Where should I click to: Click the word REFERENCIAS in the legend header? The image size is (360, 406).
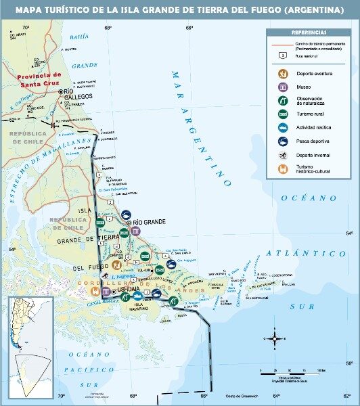tap(309, 32)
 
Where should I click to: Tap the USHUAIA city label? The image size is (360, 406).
tap(129, 289)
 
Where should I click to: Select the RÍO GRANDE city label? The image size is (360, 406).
tap(149, 223)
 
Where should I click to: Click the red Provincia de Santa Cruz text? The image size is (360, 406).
tap(39, 78)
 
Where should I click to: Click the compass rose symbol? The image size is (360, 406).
tap(275, 336)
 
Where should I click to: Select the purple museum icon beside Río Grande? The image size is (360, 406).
tap(136, 231)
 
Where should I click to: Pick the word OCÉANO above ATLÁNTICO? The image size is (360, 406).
tap(309, 198)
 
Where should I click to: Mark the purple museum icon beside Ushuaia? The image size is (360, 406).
tap(106, 292)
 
